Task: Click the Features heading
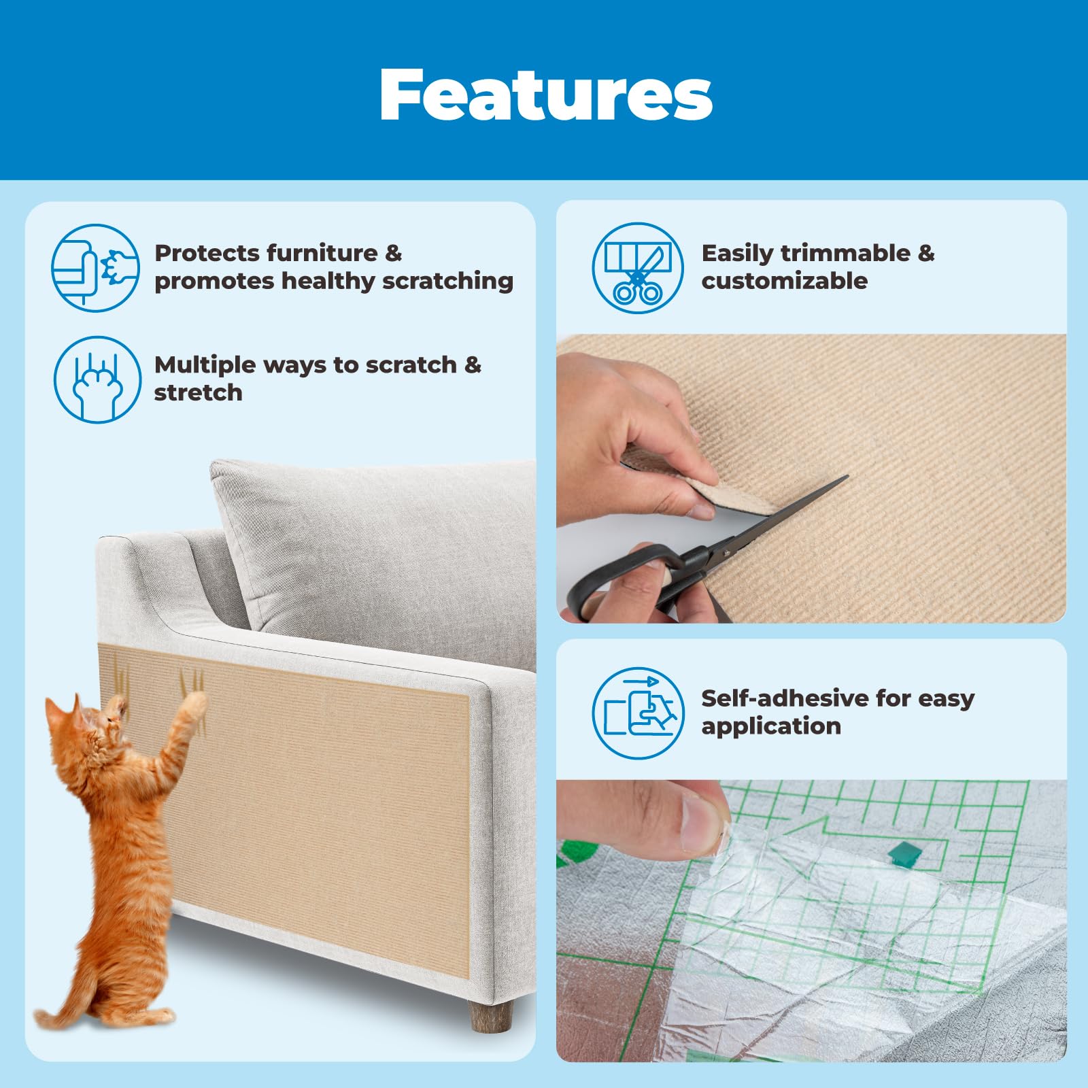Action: pyautogui.click(x=546, y=95)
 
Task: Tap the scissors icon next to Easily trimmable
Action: pyautogui.click(x=637, y=268)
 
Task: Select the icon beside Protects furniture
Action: pyautogui.click(x=95, y=268)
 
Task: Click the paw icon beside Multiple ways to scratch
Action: pyautogui.click(x=97, y=379)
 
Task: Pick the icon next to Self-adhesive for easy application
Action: pyautogui.click(x=637, y=713)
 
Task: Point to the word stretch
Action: pyautogui.click(x=198, y=393)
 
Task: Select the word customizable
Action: pyautogui.click(x=784, y=281)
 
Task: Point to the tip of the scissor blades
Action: pyautogui.click(x=846, y=477)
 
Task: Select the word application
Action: pyautogui.click(x=771, y=726)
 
